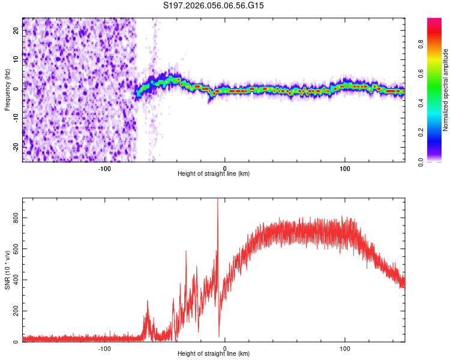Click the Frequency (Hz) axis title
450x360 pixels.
coord(7,89)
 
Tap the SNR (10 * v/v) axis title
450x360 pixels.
coord(7,269)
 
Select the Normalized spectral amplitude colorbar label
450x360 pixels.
coord(446,90)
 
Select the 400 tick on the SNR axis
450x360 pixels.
coord(16,280)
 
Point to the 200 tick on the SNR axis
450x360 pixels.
coord(16,311)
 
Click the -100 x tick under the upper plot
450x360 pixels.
coord(104,168)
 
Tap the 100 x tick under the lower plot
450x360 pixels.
coord(345,348)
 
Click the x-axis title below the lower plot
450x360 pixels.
coord(214,354)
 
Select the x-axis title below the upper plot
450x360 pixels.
coord(214,174)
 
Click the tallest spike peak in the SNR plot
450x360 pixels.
coord(217,200)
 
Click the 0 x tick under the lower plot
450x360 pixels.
coord(225,348)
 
